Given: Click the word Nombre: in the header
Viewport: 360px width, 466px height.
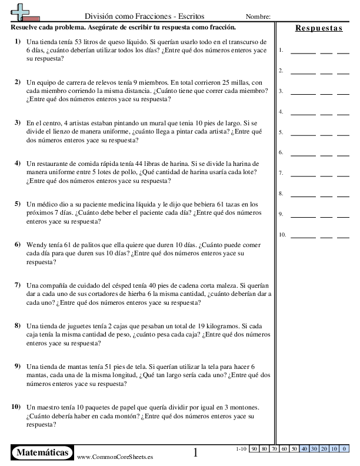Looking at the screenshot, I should [258, 16].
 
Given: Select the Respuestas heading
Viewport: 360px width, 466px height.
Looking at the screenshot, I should [319, 28].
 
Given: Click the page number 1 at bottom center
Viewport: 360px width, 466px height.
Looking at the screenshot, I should [196, 452].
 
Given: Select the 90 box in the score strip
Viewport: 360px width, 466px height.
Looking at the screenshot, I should [255, 449].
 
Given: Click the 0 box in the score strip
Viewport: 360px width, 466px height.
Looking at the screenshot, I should [343, 449].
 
